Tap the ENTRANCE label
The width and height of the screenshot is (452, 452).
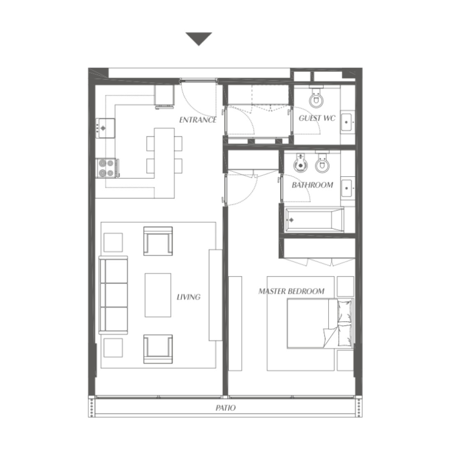[198, 120]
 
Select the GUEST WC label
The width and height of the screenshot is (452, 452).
[317, 118]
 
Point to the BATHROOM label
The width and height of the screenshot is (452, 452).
[312, 185]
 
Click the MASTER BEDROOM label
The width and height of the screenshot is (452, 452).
[291, 291]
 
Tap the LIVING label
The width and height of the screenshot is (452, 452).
[189, 297]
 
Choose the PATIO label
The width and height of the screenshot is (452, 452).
[226, 408]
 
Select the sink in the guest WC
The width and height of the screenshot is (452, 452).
[347, 122]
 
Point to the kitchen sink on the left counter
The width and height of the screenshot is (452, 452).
[105, 128]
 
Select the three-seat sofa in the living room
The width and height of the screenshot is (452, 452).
[114, 294]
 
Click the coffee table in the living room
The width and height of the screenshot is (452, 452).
[158, 295]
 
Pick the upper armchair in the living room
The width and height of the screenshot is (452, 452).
[158, 241]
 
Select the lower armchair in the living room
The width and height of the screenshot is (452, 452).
[158, 348]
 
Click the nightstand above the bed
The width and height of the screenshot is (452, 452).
[345, 286]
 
